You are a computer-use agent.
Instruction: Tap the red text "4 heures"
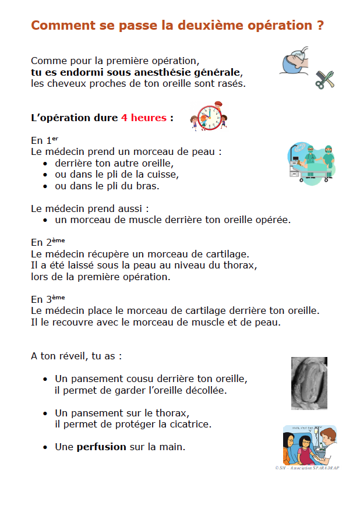(x=143, y=118)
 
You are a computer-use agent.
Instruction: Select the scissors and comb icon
(x=324, y=79)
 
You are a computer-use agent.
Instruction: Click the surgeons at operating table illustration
(x=312, y=164)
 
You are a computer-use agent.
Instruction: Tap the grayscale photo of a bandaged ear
(x=309, y=383)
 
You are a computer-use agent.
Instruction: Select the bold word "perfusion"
(x=101, y=447)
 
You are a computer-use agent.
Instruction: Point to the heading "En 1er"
(x=45, y=140)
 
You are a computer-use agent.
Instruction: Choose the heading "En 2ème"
(x=48, y=242)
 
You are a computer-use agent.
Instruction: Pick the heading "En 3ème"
(x=48, y=299)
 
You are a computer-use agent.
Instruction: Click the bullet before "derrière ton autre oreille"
(x=45, y=164)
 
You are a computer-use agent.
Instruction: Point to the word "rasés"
(x=232, y=83)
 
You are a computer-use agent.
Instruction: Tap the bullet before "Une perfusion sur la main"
(x=45, y=447)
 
